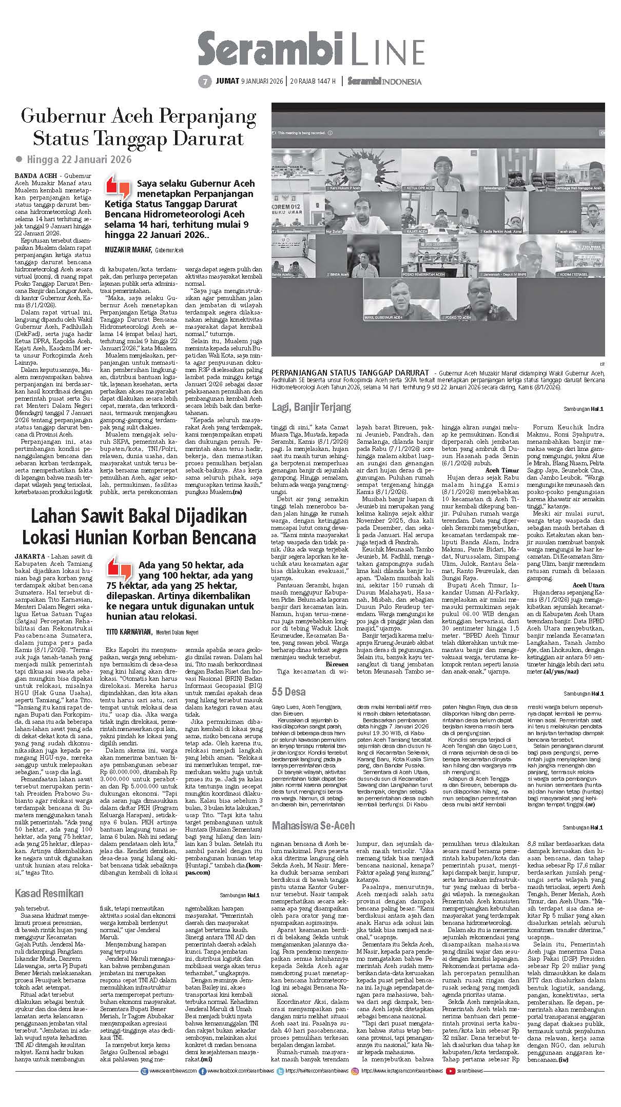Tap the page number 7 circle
pyautogui.click(x=204, y=82)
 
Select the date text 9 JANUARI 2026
pyautogui.click(x=263, y=82)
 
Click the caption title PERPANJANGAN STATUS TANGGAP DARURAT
pyautogui.click(x=350, y=372)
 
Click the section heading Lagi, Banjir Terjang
pyautogui.click(x=311, y=407)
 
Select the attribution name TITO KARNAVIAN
pyautogui.click(x=129, y=631)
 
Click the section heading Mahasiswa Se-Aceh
pyautogui.click(x=313, y=825)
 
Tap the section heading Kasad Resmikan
pyautogui.click(x=49, y=893)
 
